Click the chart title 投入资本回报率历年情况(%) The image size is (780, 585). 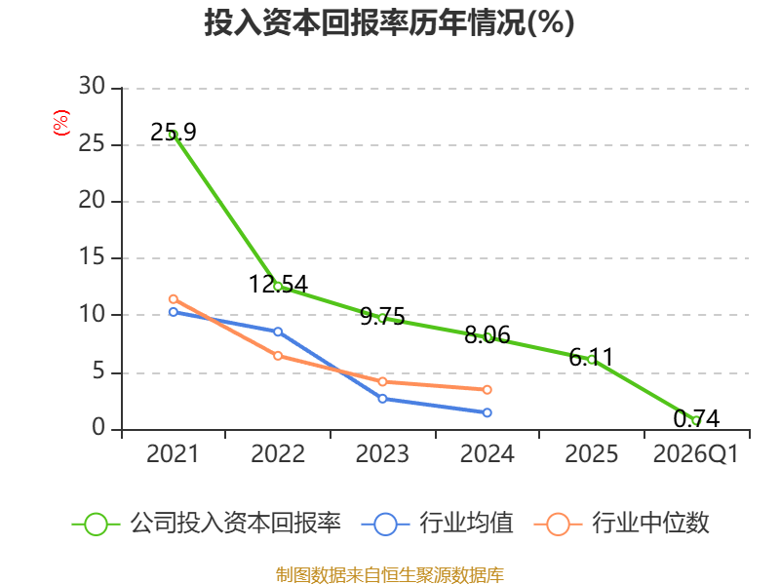point(389,22)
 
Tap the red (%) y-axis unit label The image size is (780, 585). point(60,123)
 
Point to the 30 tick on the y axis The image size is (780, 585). point(92,86)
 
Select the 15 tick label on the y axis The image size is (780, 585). point(92,256)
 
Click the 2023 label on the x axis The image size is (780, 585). point(382,454)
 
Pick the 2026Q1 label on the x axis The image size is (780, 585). point(695,454)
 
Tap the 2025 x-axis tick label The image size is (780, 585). point(592,454)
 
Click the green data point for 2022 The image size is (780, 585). point(278,287)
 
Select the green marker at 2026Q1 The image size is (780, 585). point(696,421)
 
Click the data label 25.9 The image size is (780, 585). point(174,133)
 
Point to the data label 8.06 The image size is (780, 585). point(487,334)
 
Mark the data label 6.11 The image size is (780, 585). point(591,357)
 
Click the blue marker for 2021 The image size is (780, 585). point(174,312)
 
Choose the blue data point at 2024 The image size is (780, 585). point(487,412)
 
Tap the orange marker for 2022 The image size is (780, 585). point(278,356)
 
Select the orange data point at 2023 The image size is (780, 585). point(382,381)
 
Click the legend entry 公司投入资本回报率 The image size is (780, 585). point(207,524)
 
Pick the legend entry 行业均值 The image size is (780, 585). point(437,524)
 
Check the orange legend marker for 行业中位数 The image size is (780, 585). point(558,525)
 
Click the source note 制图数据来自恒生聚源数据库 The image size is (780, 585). point(389,575)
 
